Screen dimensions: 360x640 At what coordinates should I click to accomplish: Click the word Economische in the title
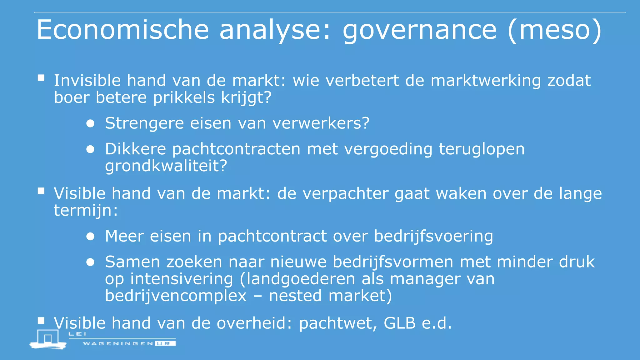122,30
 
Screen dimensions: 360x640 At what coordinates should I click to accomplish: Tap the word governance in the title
419,31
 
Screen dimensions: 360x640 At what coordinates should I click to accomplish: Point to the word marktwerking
486,81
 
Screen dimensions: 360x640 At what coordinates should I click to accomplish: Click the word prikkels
184,97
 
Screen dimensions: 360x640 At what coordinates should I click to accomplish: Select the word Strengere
144,123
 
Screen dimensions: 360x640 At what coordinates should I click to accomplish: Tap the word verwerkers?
321,123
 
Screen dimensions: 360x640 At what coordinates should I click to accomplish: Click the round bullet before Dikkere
90,149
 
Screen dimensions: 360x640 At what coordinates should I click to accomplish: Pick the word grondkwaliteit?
166,166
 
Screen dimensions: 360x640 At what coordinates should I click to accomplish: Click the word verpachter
345,194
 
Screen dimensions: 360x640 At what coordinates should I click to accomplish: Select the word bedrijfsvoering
433,236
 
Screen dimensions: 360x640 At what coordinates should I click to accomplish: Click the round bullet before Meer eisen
90,237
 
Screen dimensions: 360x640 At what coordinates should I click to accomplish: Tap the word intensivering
182,279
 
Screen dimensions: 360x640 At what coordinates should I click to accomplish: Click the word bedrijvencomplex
176,296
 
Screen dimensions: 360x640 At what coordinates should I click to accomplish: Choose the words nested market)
330,296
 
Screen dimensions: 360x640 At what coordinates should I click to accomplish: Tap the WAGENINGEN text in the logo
118,343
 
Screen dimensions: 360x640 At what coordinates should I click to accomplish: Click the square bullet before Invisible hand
41,78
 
